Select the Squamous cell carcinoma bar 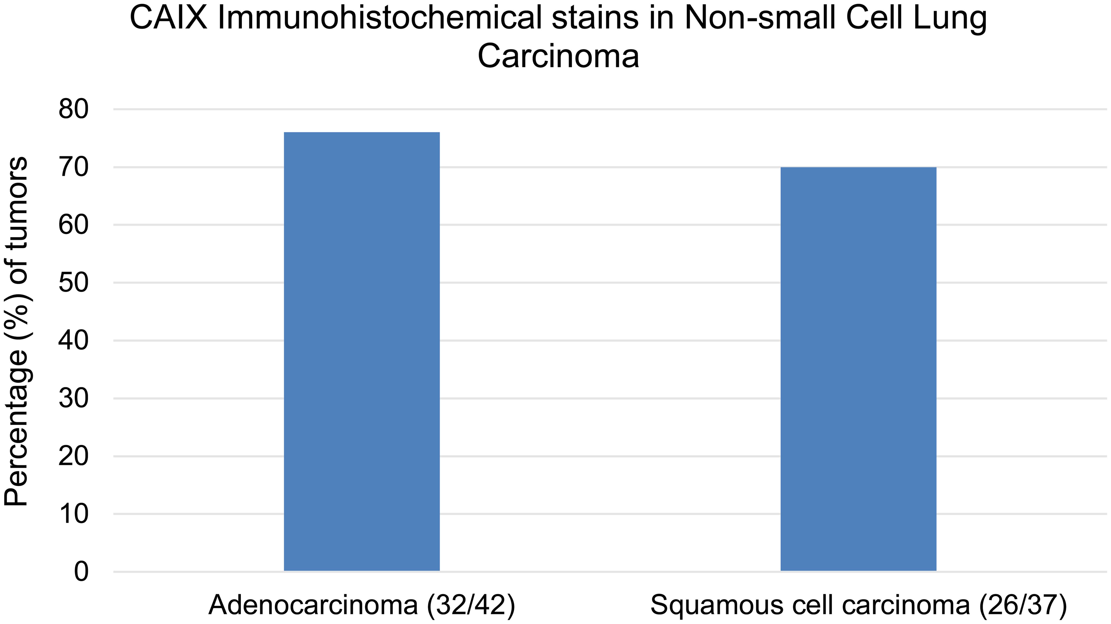tap(858, 369)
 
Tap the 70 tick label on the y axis tap(73, 167)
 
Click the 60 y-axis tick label tap(73, 225)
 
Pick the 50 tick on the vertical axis tap(73, 283)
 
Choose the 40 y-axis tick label tap(73, 341)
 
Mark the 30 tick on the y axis tap(73, 398)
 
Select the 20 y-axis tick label tap(73, 456)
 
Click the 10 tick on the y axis tap(73, 514)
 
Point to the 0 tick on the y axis tap(81, 572)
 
